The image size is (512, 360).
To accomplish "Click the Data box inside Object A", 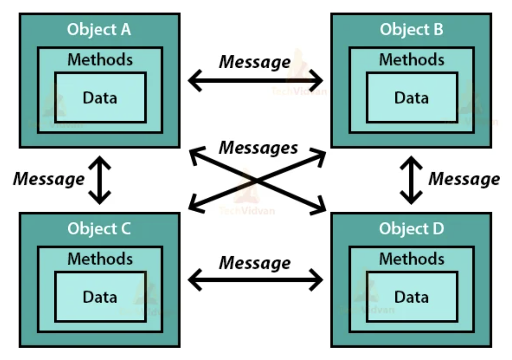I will point(100,97).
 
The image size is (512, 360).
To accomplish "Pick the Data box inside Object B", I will point(412,97).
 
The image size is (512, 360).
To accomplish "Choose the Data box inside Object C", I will point(100,297).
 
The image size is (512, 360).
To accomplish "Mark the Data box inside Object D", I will point(412,297).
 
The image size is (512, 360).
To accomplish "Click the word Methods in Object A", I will point(100,59).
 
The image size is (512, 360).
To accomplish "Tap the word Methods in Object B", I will point(412,59).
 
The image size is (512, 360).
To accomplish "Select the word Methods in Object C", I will point(100,259).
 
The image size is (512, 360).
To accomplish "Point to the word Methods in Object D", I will point(412,259).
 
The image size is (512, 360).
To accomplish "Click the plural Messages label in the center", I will point(258,147).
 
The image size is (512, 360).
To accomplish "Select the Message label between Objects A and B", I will point(255,62).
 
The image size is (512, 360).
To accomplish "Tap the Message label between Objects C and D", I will point(255,263).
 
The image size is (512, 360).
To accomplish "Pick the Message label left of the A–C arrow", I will point(48,179).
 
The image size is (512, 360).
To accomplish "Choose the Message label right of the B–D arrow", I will point(464,179).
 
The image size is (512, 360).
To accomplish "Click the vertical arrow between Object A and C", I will point(100,180).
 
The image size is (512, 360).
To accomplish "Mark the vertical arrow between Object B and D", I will point(411,180).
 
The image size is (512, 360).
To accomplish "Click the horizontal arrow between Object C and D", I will point(256,281).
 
